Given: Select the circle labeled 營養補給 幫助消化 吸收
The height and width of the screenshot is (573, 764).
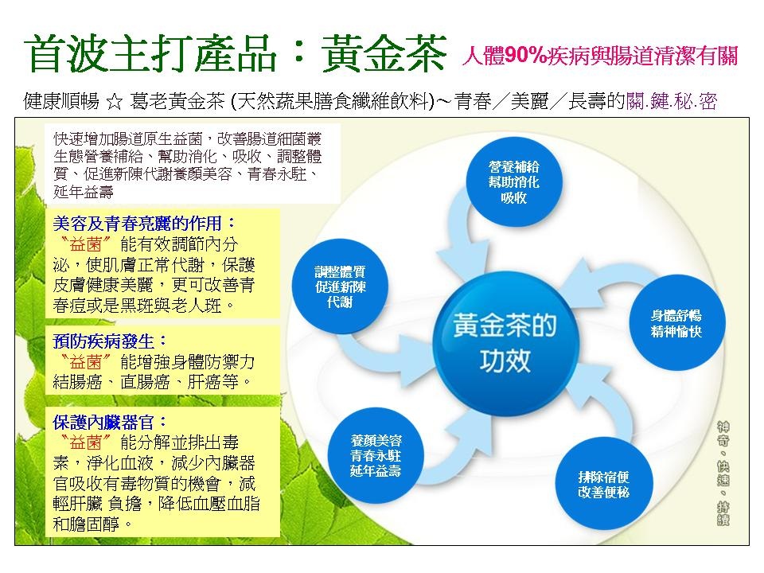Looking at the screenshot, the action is [x=514, y=181].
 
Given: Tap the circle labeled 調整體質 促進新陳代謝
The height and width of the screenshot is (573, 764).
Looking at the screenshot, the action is [x=340, y=286].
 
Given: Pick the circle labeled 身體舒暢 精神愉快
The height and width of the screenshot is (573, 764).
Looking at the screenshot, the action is [x=676, y=323].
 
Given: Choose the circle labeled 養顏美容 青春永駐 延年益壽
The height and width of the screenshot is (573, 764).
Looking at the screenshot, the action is [x=376, y=455].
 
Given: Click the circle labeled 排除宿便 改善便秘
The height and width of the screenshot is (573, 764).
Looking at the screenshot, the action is [x=604, y=485].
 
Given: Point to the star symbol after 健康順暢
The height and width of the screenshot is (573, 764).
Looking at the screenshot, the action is [x=115, y=102].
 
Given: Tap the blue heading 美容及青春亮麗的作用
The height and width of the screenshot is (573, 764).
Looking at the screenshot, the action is [x=137, y=223].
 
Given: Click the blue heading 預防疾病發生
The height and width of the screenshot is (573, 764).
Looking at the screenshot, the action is [x=103, y=341].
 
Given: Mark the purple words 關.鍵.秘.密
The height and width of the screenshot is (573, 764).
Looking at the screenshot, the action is [x=672, y=102].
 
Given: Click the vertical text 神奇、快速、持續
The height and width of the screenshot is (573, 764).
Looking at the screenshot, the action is [x=723, y=474].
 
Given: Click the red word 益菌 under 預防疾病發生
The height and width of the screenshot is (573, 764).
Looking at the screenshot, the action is [x=86, y=362].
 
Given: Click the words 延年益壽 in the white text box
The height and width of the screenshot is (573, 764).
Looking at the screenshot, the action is [x=84, y=192].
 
